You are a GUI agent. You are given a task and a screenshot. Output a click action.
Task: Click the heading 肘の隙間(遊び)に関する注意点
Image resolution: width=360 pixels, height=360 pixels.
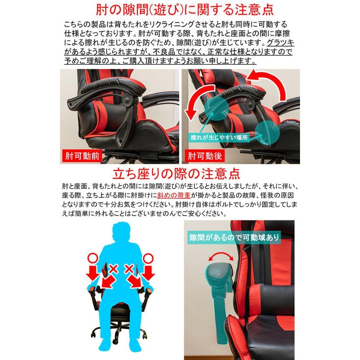(x=180, y=10)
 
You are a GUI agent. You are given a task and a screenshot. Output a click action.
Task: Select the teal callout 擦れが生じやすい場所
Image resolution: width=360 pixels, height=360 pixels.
(x=219, y=137)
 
